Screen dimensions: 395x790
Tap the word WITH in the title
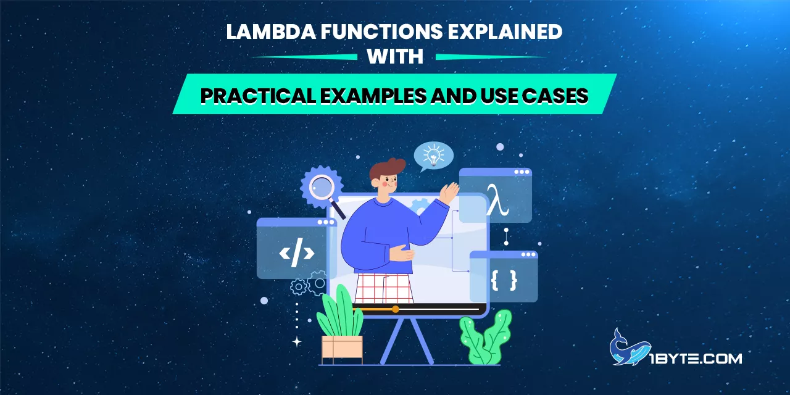[x=395, y=57]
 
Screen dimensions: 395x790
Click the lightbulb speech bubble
[x=434, y=156]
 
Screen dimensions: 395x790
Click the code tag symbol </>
[x=297, y=252]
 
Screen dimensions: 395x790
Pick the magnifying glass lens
[x=321, y=185]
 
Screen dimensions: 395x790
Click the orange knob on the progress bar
[x=396, y=309]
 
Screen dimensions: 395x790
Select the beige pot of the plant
[x=342, y=348]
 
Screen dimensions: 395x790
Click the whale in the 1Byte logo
[x=624, y=348]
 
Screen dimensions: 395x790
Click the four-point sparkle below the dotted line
[x=297, y=342]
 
